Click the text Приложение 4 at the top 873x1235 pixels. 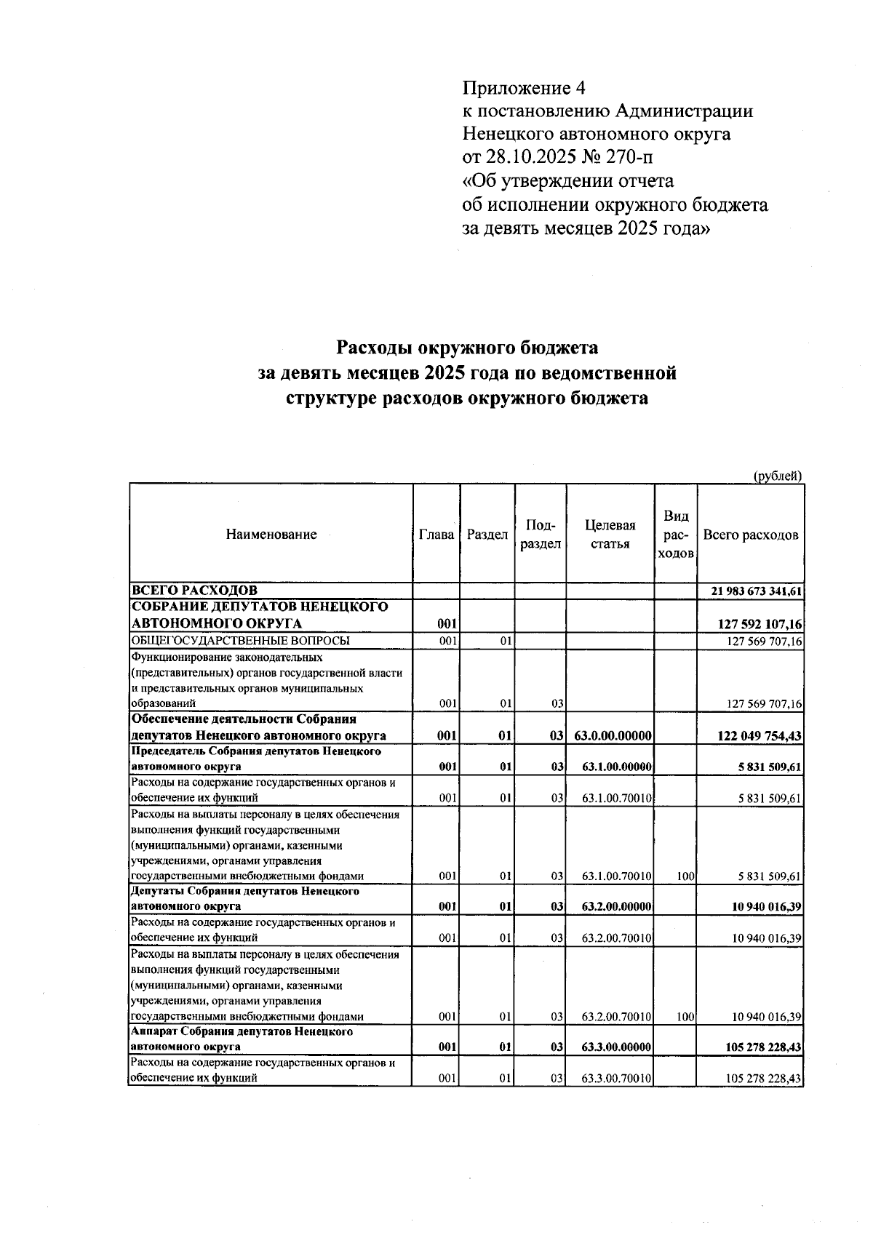(x=524, y=89)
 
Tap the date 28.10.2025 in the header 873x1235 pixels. (x=538, y=157)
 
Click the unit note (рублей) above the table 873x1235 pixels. (x=776, y=476)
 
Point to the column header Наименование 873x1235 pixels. (x=271, y=535)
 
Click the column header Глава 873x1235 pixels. (x=437, y=535)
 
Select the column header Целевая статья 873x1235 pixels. (x=610, y=535)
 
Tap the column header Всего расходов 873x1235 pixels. (x=751, y=535)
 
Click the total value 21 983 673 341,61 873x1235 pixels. (x=757, y=591)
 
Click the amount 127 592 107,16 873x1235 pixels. (x=760, y=624)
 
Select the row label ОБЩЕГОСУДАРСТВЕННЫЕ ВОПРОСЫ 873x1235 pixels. (x=240, y=641)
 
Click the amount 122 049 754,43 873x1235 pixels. (x=760, y=736)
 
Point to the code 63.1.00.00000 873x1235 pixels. (x=615, y=767)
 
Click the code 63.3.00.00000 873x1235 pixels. (x=615, y=1047)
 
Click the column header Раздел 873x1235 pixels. (x=487, y=535)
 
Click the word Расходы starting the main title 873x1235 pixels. (x=375, y=348)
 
